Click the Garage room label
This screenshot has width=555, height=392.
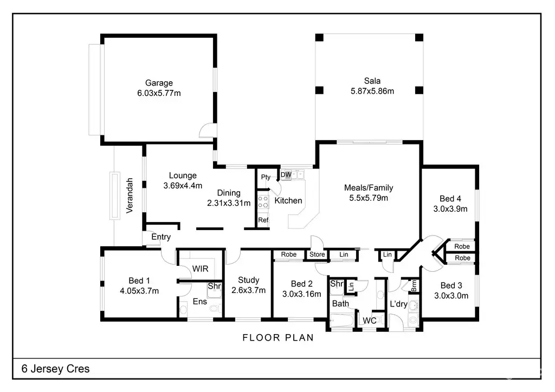[159, 83]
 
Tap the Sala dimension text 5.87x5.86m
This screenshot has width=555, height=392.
[372, 91]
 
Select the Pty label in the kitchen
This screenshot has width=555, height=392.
[266, 177]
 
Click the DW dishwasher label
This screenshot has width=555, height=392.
[286, 175]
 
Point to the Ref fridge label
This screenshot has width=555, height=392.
[263, 220]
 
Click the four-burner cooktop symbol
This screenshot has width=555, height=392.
[263, 202]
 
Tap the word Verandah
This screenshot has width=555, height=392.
[130, 195]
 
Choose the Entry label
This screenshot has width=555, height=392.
[161, 237]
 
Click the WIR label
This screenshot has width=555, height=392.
[201, 269]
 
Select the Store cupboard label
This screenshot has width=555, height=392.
[317, 254]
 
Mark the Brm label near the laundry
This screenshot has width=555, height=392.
[414, 285]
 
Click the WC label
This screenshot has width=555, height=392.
[370, 321]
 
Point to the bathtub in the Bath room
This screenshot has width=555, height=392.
[341, 321]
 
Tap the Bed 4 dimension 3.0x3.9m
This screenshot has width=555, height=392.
[450, 209]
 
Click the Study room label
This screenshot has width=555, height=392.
[248, 280]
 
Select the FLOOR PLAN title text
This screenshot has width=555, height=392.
[278, 338]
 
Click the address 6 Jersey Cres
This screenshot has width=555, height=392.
[56, 369]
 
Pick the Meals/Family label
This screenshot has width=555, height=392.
[369, 188]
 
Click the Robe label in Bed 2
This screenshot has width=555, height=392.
[289, 254]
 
